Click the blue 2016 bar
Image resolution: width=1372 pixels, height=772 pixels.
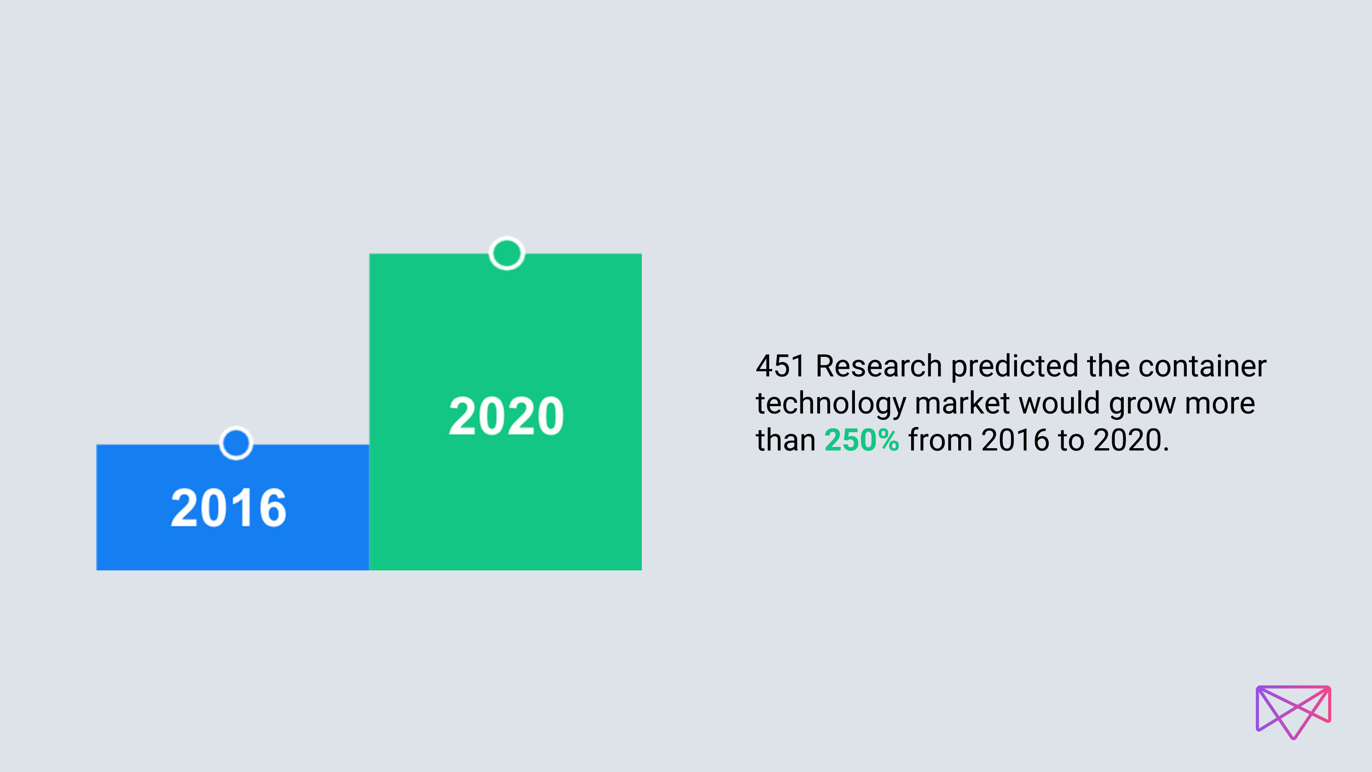click(x=232, y=507)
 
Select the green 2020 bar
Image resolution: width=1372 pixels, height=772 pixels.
click(x=505, y=412)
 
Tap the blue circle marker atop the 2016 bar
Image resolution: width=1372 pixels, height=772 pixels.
click(x=236, y=443)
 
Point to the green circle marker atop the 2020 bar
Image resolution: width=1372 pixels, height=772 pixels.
click(x=506, y=253)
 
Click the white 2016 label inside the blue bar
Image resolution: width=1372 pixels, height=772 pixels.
click(x=229, y=508)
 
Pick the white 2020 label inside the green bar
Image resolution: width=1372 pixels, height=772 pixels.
click(x=506, y=416)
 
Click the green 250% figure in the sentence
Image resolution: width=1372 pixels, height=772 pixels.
click(x=862, y=440)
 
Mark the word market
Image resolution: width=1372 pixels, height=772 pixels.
click(x=962, y=403)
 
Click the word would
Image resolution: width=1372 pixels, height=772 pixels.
click(x=1059, y=403)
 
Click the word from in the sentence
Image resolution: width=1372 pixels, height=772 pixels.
click(x=940, y=440)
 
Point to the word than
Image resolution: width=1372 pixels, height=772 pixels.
click(x=785, y=440)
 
